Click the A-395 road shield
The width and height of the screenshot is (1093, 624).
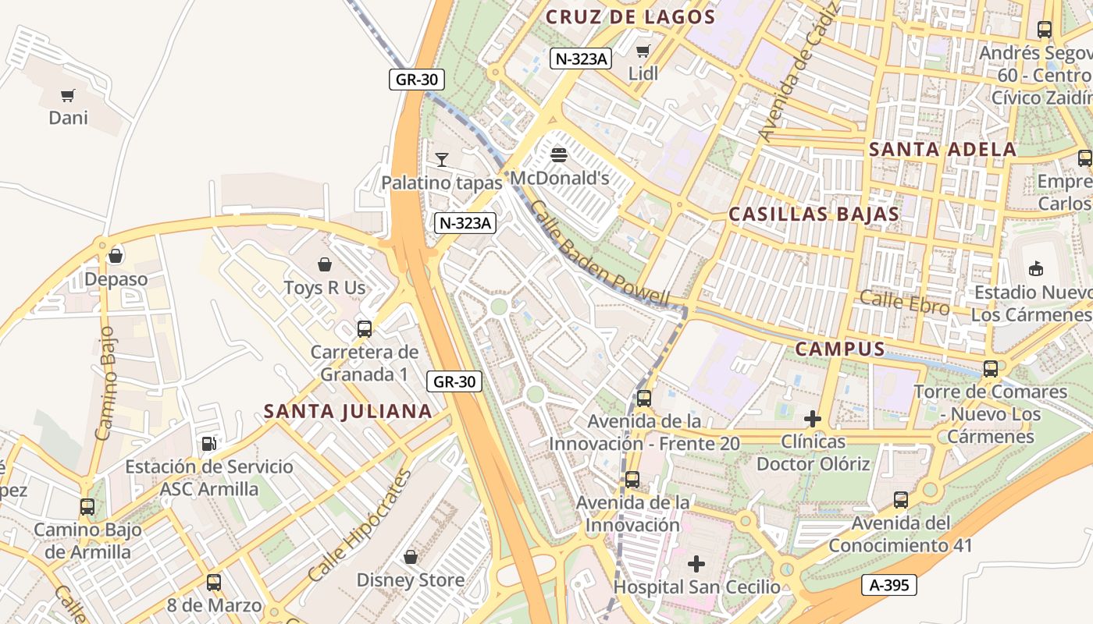888,585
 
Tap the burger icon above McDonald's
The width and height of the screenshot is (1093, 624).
559,154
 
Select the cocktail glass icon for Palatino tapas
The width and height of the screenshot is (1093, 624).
442,160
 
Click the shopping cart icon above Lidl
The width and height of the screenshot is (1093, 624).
643,51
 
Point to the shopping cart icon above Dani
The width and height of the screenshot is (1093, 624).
68,96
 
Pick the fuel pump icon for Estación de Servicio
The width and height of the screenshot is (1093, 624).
209,444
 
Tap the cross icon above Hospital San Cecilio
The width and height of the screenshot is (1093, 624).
696,563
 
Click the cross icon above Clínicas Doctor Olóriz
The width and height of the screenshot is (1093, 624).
813,419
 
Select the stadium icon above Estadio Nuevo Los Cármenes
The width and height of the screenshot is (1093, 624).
1036,269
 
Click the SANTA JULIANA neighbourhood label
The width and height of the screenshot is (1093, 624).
347,411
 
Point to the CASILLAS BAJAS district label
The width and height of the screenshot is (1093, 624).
814,214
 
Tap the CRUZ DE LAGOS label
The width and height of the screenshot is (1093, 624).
630,16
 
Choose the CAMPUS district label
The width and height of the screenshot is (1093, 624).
840,349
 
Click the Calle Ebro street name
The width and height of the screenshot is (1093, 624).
905,303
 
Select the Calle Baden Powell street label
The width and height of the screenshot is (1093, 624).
600,253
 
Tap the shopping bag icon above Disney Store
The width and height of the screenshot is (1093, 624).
411,557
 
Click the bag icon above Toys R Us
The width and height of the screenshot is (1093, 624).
325,265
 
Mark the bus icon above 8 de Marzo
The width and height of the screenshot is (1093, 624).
214,582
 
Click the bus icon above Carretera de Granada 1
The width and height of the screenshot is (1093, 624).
365,328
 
